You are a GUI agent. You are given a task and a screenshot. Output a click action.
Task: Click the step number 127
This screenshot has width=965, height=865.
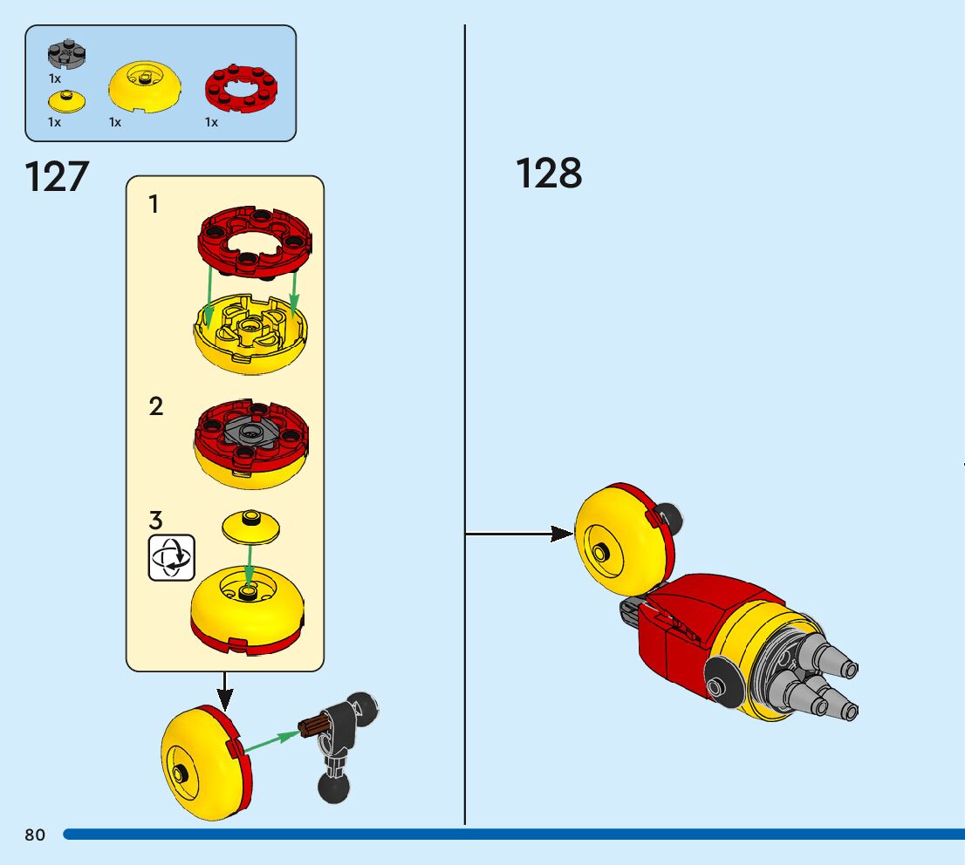click(57, 177)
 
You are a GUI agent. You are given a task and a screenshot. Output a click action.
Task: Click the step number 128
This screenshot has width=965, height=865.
click(549, 173)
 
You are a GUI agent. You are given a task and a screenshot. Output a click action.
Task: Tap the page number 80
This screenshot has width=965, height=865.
click(35, 835)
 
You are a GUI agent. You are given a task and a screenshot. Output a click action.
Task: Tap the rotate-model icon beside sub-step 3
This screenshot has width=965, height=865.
click(172, 557)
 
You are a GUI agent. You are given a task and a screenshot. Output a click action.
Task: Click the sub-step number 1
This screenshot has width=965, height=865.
click(154, 205)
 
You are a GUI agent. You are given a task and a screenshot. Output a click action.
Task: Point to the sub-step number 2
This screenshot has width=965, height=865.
click(155, 406)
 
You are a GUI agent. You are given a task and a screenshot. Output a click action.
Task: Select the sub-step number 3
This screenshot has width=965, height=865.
click(155, 521)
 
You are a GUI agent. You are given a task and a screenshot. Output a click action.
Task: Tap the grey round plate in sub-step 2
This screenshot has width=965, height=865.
click(252, 432)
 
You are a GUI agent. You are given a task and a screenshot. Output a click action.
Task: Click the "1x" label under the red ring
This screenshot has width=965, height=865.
click(211, 123)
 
